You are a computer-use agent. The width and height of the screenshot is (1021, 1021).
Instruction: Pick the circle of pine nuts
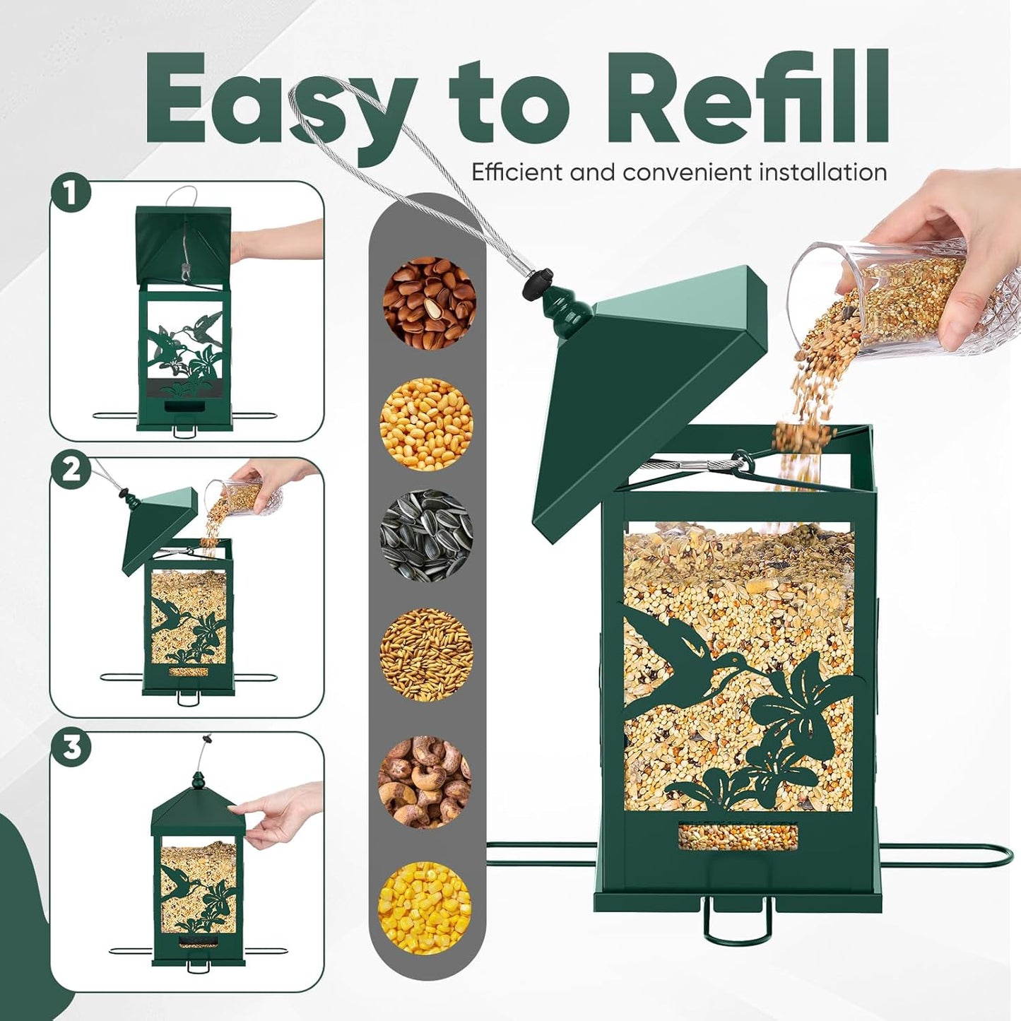429,303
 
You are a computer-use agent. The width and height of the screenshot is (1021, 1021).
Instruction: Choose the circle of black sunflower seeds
426,536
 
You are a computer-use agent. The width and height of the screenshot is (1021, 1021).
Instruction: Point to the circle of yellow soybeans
426,424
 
